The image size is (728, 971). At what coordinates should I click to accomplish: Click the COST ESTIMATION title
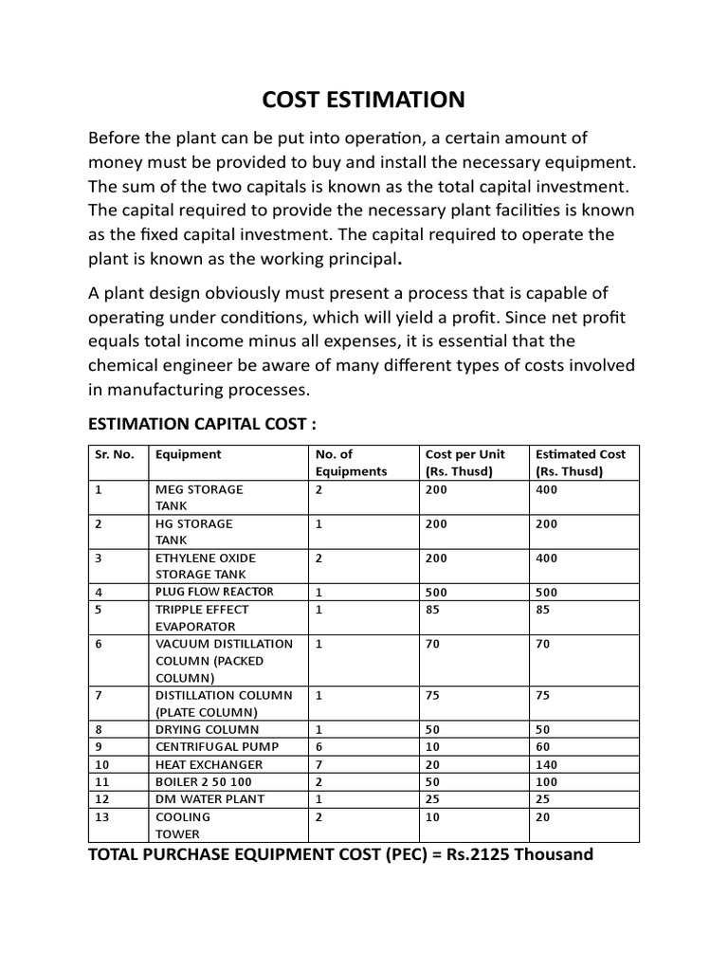coord(363,100)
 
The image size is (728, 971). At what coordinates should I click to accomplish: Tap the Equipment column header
coord(188,454)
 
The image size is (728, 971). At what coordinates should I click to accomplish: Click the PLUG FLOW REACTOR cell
coord(214,592)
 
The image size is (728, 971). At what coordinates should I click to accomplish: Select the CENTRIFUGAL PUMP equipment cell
coord(209,747)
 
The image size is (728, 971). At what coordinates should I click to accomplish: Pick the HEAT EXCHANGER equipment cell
coord(209,764)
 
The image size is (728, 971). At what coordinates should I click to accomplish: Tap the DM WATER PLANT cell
coord(209,798)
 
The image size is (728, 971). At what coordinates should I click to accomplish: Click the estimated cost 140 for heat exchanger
coord(547,764)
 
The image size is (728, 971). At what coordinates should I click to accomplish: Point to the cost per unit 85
coord(434,610)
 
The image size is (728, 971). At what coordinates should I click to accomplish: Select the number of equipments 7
coord(319,764)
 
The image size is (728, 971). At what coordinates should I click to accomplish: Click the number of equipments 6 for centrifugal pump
coord(319,747)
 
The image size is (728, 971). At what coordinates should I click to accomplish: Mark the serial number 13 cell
coord(102,816)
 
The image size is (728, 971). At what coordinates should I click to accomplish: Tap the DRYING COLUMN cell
coord(207,730)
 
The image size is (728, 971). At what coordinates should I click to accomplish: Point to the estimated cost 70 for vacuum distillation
coord(543,644)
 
